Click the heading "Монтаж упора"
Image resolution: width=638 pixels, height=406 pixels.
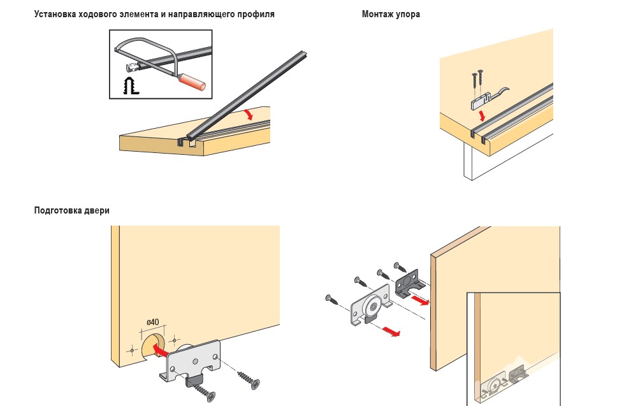pos(391,14)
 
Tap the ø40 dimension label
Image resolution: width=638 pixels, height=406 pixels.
pos(152,322)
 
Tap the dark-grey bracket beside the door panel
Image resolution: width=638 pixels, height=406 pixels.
pos(406,284)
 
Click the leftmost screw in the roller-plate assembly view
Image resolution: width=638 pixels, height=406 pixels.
pos(333,299)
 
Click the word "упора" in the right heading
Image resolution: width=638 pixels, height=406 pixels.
pos(407,14)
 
